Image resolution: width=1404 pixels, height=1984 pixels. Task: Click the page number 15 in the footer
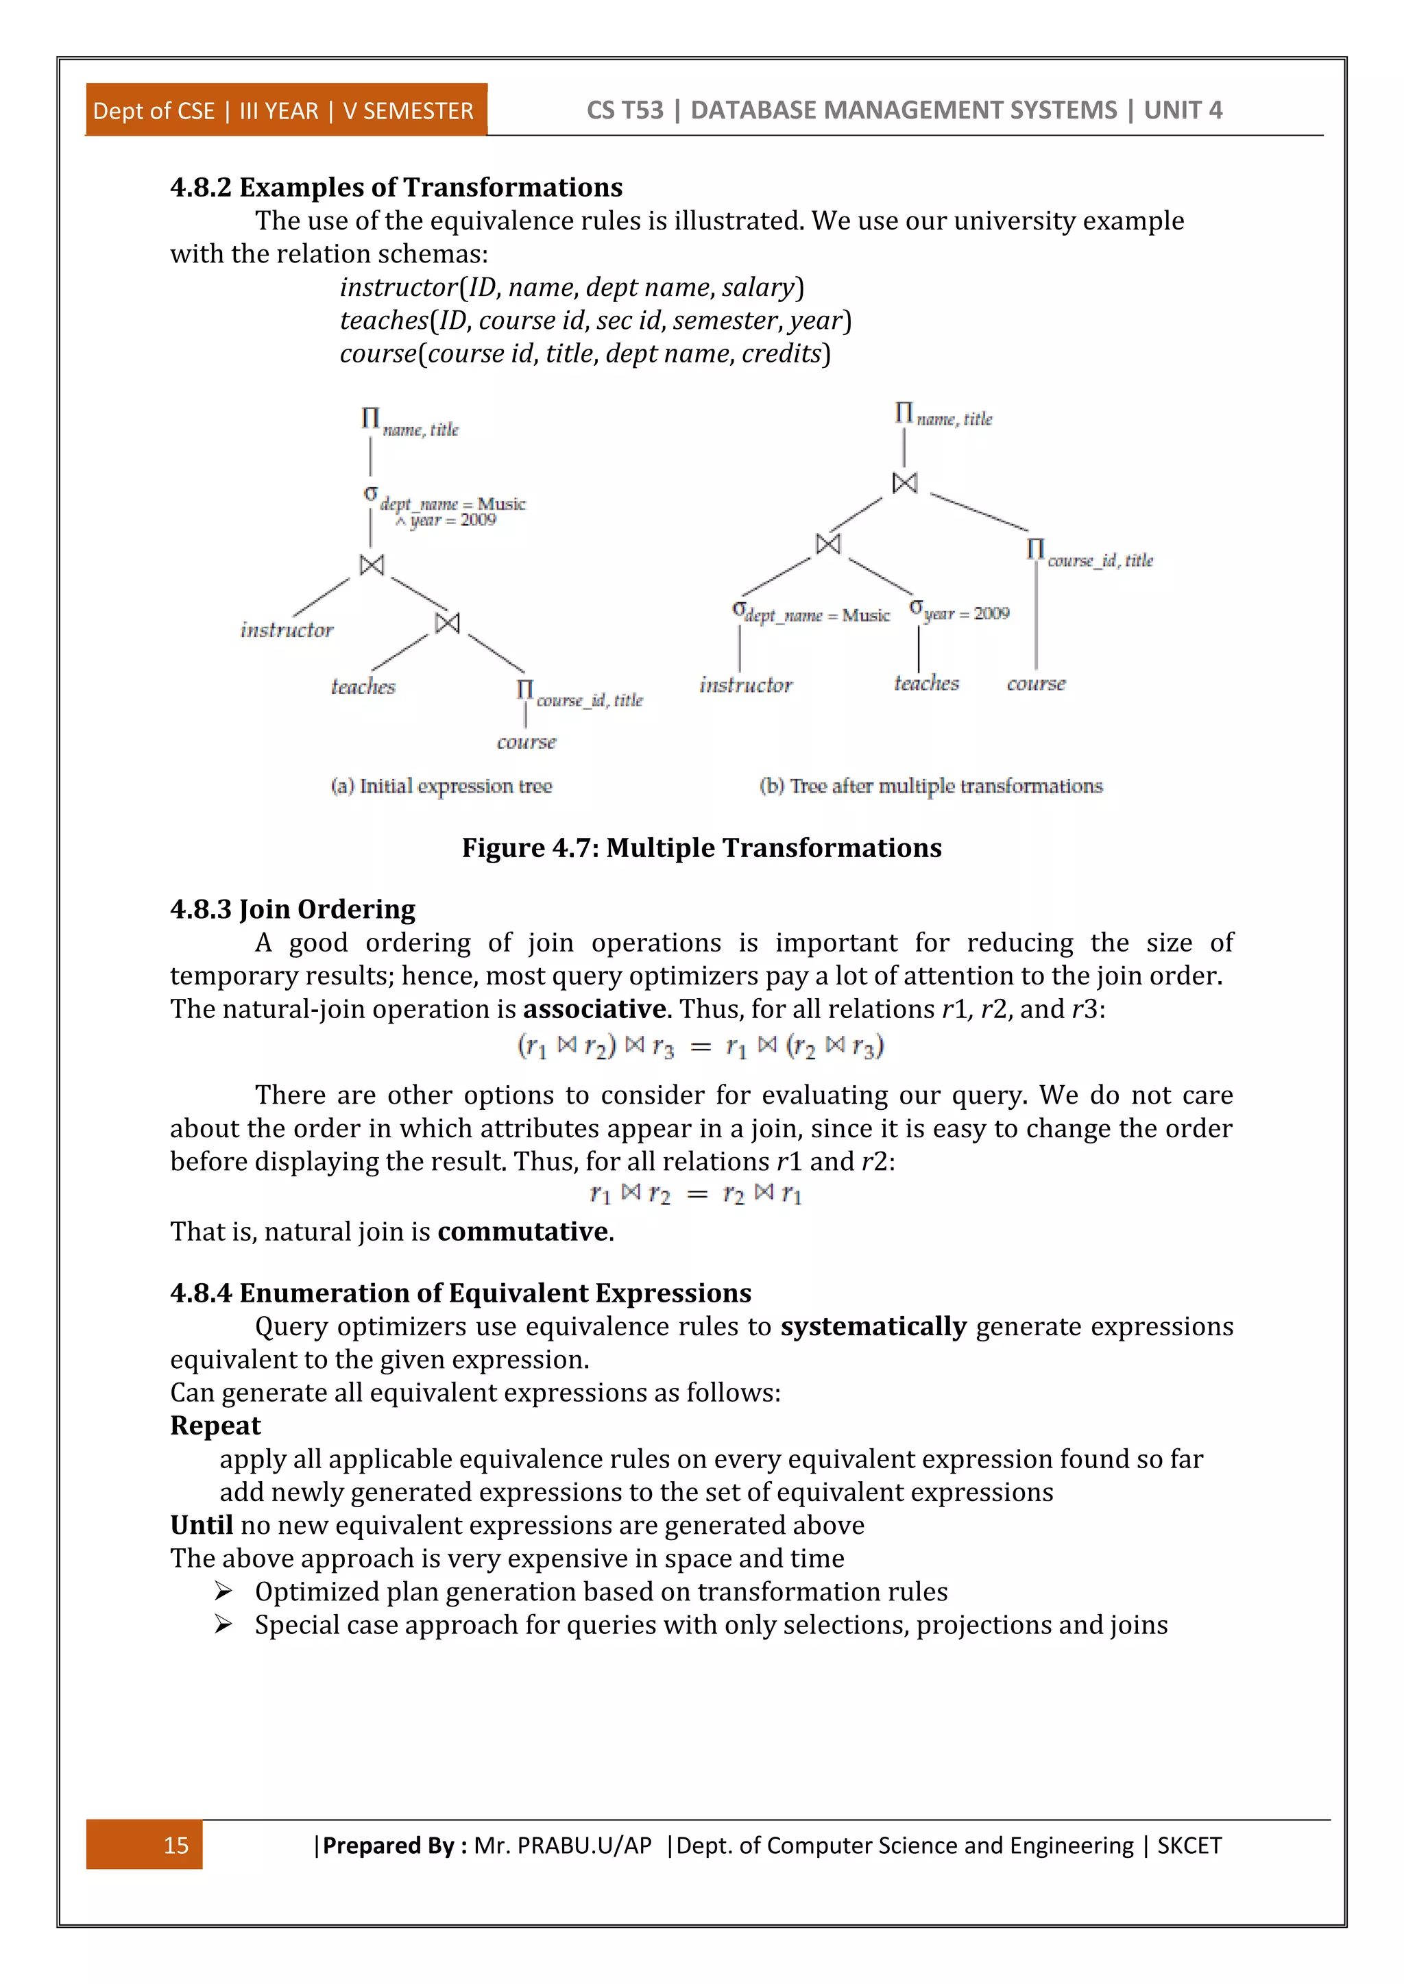tap(175, 1845)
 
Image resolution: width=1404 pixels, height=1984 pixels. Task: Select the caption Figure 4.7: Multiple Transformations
tap(701, 847)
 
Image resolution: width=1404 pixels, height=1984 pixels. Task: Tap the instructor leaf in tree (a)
tap(286, 630)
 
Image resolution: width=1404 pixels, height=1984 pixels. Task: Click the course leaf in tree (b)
tap(1036, 684)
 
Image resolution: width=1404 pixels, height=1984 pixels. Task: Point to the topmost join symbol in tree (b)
tap(904, 482)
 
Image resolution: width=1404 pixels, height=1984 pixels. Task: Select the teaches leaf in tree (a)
tap(363, 686)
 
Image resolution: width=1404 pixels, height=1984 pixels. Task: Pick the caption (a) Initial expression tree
tap(441, 786)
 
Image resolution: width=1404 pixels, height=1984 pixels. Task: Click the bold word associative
tap(595, 1008)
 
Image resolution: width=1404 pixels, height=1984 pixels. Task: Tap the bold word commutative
tap(523, 1230)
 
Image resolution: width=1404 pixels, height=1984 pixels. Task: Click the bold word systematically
tap(873, 1326)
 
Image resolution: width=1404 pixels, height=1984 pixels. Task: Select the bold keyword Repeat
tap(215, 1425)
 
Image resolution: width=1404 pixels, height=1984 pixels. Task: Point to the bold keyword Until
tap(202, 1524)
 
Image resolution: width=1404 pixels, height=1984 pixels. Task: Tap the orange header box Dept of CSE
tap(285, 110)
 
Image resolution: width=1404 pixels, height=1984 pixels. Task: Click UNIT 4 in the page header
tap(1183, 110)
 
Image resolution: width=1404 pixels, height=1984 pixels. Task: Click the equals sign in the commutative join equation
tap(697, 1195)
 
